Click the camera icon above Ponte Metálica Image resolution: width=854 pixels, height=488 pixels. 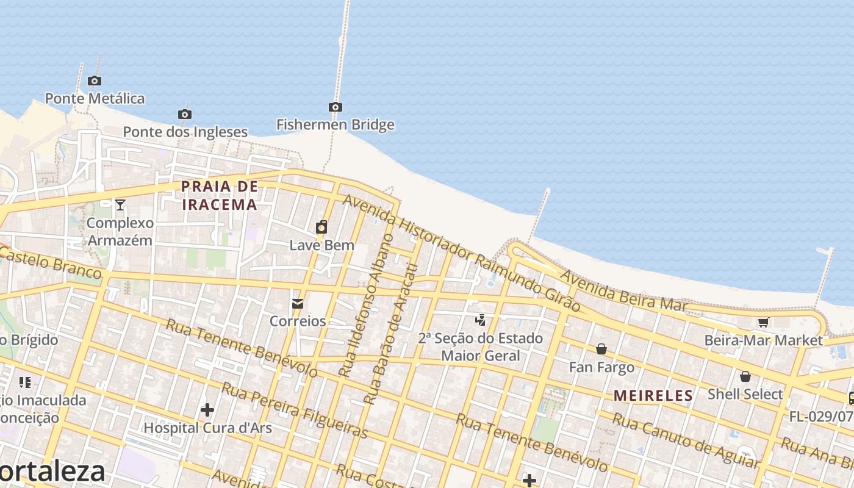pos(95,81)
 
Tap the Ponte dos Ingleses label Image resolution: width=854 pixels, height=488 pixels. pos(185,132)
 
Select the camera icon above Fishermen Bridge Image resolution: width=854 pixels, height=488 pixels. pos(335,107)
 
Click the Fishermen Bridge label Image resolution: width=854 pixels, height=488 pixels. pos(335,125)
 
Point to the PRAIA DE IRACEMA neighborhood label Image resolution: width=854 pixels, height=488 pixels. pos(220,195)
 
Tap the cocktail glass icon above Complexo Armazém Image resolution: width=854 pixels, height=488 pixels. pos(120,204)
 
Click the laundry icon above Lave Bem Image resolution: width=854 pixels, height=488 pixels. pos(321,228)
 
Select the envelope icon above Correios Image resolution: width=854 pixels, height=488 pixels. pos(298,303)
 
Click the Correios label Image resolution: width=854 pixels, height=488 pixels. pos(298,321)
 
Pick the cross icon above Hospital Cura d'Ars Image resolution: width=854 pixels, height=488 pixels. pos(207,409)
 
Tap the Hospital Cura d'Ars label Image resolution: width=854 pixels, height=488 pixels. pos(207,428)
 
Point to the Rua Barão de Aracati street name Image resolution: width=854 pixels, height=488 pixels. pos(391,334)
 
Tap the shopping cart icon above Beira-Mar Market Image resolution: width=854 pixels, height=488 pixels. pos(763,322)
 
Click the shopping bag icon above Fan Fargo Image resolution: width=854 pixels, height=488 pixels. pos(601,349)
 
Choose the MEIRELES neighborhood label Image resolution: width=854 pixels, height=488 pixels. pos(653,395)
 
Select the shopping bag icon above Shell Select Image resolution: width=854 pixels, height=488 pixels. pos(745,376)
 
